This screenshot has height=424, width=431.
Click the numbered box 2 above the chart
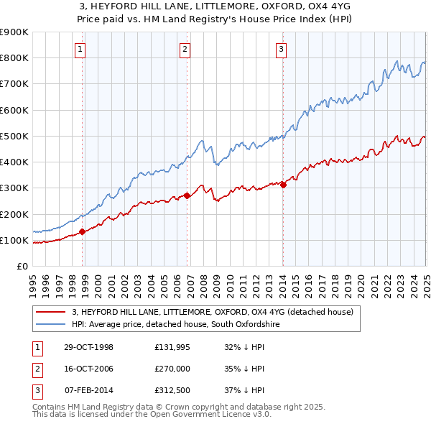pyautogui.click(x=185, y=50)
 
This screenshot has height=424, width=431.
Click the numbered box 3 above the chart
pyautogui.click(x=280, y=50)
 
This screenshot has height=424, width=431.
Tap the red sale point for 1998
pyautogui.click(x=83, y=231)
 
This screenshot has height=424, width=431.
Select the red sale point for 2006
pyautogui.click(x=187, y=195)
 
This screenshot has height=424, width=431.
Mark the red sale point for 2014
pyautogui.click(x=283, y=184)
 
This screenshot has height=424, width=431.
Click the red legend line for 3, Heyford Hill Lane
pyautogui.click(x=50, y=313)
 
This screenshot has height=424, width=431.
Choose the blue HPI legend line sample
pyautogui.click(x=50, y=325)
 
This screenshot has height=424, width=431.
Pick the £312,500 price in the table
pyautogui.click(x=172, y=392)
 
